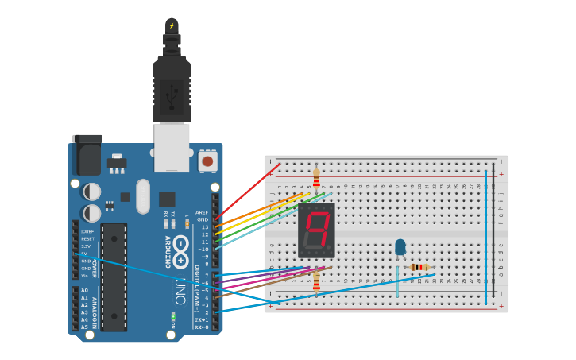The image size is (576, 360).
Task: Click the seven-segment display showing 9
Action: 316,230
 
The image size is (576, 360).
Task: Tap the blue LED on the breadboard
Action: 400,248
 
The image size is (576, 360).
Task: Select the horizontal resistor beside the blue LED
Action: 419,267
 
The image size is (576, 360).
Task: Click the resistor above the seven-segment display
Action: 316,177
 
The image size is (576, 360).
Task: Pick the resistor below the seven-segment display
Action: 316,281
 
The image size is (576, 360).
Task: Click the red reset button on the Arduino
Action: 207,161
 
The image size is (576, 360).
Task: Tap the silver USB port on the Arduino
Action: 172,148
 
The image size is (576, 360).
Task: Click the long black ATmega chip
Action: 114,277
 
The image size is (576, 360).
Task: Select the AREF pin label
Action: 202,212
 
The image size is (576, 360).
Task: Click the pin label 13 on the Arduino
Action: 204,227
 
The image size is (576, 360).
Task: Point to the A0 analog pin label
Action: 84,290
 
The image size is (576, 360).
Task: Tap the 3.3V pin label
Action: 85,246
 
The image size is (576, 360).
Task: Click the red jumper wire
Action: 248,191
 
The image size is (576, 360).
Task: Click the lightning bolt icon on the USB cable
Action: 172,26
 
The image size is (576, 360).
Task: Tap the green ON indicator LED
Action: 172,316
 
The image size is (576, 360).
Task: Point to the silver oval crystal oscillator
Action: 143,195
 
